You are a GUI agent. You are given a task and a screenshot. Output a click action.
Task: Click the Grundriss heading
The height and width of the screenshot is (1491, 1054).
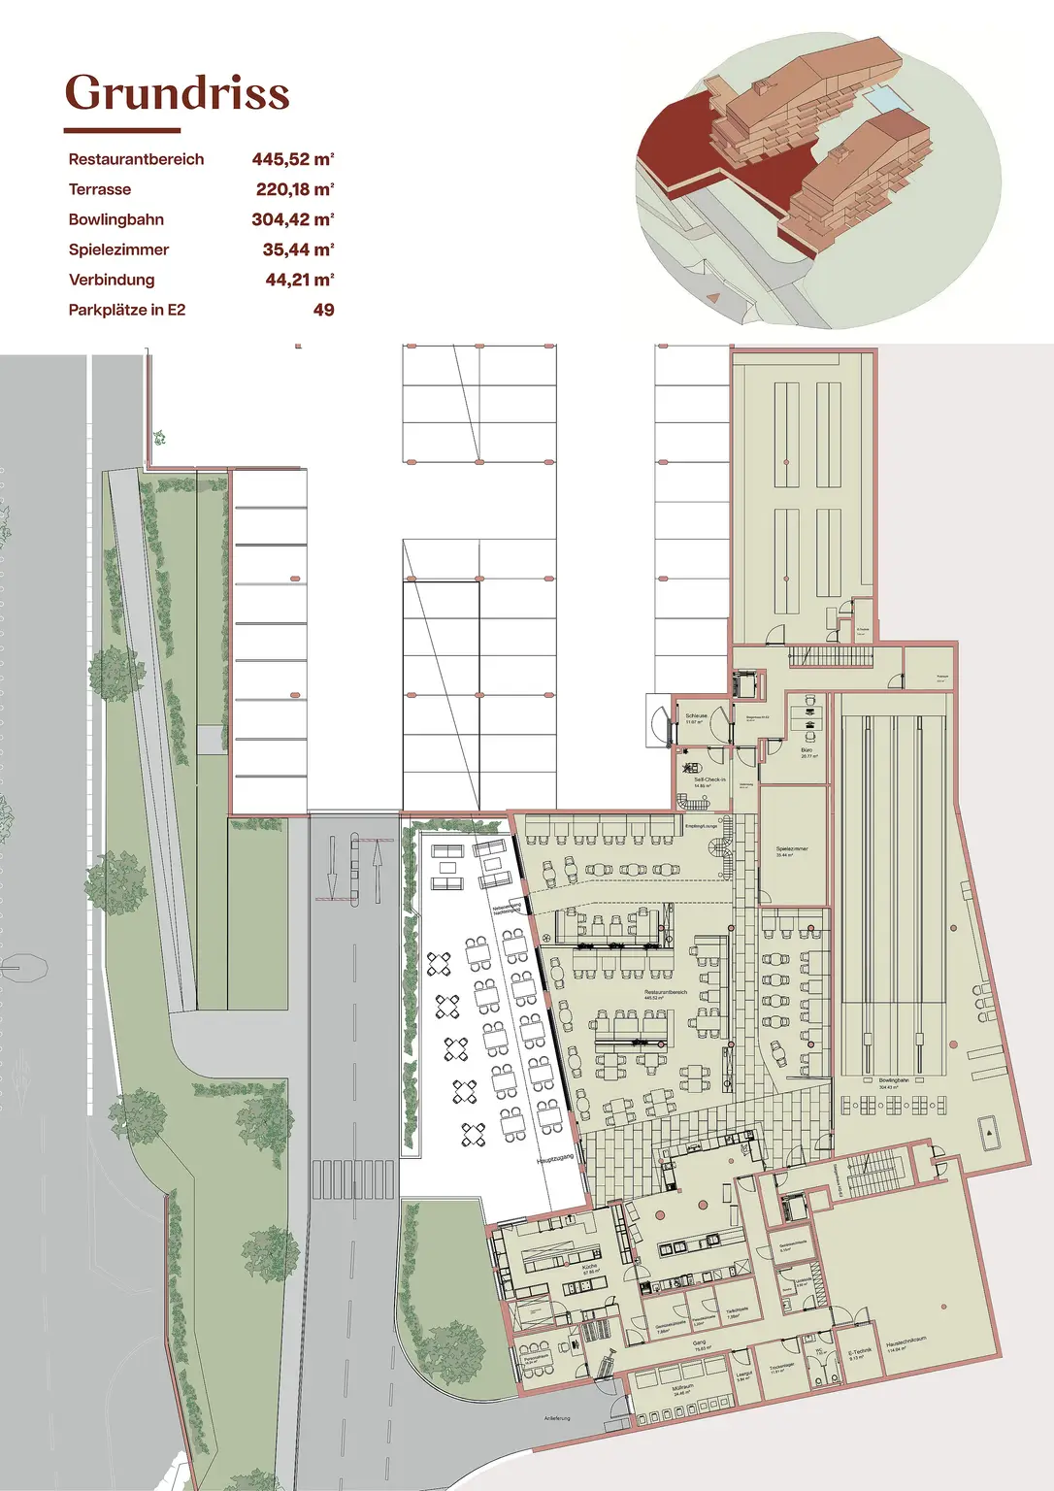tap(177, 93)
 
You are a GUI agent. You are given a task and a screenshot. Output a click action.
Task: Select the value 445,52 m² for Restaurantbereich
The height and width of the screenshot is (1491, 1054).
tap(292, 159)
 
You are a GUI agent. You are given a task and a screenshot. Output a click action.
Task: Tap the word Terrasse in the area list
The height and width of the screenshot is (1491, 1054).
tap(99, 189)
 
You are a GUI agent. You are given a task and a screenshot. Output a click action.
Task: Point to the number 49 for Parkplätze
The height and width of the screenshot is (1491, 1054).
tap(323, 310)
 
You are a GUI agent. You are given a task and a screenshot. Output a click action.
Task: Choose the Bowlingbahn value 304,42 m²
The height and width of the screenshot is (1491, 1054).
tap(292, 219)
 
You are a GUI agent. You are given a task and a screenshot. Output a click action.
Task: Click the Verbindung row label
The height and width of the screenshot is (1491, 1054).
tap(111, 280)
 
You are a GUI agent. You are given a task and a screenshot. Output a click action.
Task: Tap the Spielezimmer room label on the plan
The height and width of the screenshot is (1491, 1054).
tap(792, 850)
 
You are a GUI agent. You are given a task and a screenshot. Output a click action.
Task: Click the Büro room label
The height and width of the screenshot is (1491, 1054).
tap(807, 751)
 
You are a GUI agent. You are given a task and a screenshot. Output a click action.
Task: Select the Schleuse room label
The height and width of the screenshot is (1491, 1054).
tap(696, 717)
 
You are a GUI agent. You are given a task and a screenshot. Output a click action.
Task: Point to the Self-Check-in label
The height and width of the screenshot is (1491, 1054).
tap(709, 781)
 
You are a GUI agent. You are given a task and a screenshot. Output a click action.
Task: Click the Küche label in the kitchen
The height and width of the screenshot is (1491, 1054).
tap(589, 1268)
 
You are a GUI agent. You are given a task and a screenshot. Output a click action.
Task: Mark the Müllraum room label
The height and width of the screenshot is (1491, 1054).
tap(681, 1389)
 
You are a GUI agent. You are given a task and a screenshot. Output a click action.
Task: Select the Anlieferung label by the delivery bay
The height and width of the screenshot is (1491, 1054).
tap(557, 1418)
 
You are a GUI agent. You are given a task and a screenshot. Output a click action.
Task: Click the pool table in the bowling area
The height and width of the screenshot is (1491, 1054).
tap(989, 1132)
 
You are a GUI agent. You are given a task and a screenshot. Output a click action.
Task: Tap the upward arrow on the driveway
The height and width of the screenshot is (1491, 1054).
tap(378, 869)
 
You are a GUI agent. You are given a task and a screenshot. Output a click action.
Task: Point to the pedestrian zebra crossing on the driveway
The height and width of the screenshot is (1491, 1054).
tap(353, 1178)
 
